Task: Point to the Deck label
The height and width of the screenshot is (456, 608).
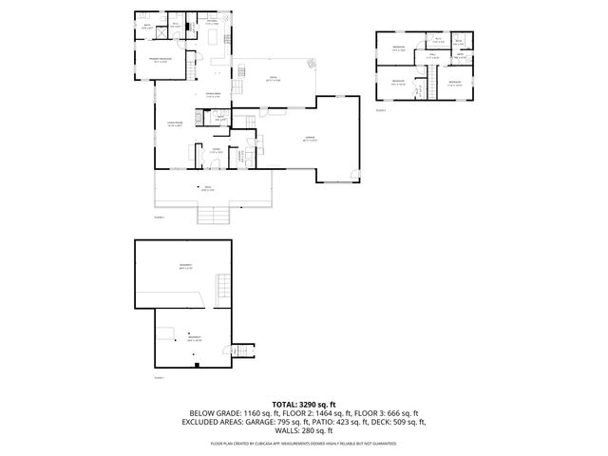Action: click(x=208, y=188)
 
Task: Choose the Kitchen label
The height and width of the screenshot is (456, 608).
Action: click(x=214, y=22)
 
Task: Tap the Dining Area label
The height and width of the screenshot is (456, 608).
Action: click(x=215, y=93)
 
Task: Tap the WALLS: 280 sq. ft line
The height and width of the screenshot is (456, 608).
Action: click(x=304, y=430)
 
